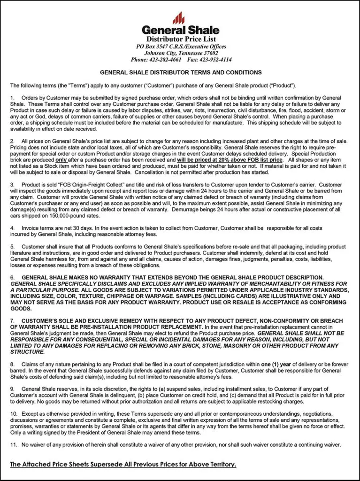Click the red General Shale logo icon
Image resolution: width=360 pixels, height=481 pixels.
pos(178,18)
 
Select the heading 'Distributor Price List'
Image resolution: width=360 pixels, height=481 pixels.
pos(181,39)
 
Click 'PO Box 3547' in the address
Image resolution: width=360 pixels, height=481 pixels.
pos(152,47)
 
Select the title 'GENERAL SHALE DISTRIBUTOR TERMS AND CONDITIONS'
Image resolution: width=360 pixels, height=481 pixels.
pos(181,73)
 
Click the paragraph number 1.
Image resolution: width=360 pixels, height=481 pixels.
pos(12,98)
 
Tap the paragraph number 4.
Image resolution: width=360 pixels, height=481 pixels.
pos(12,227)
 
